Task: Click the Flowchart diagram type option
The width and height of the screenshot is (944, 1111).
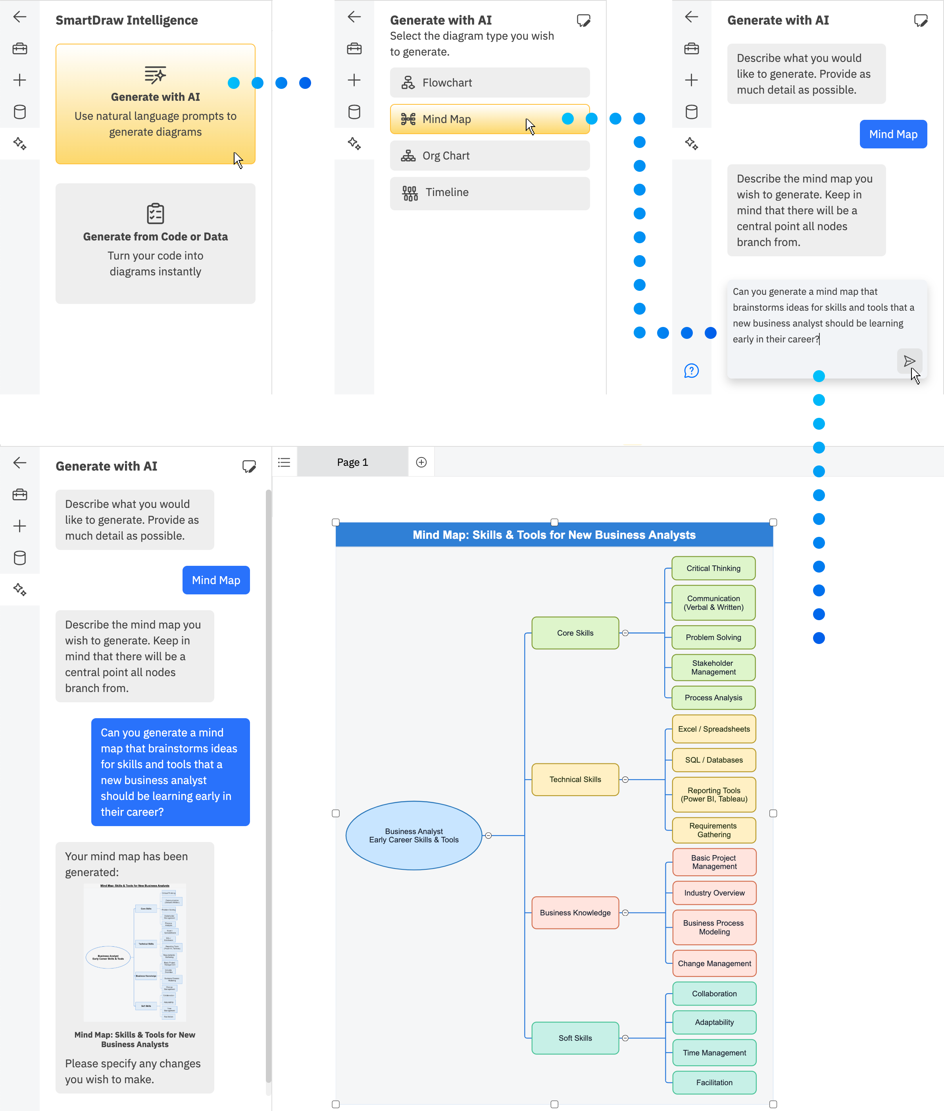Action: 489,83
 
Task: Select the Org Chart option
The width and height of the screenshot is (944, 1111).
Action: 489,156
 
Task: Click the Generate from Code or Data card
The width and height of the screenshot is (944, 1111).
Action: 155,244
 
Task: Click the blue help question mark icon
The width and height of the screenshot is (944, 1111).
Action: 691,371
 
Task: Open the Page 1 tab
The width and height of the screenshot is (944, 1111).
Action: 352,462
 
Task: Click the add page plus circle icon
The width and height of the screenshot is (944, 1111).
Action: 421,462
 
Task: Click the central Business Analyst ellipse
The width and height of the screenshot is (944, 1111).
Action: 413,835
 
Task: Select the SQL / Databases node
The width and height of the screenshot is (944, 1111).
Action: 713,759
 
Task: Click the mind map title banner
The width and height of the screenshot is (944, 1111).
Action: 554,534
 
